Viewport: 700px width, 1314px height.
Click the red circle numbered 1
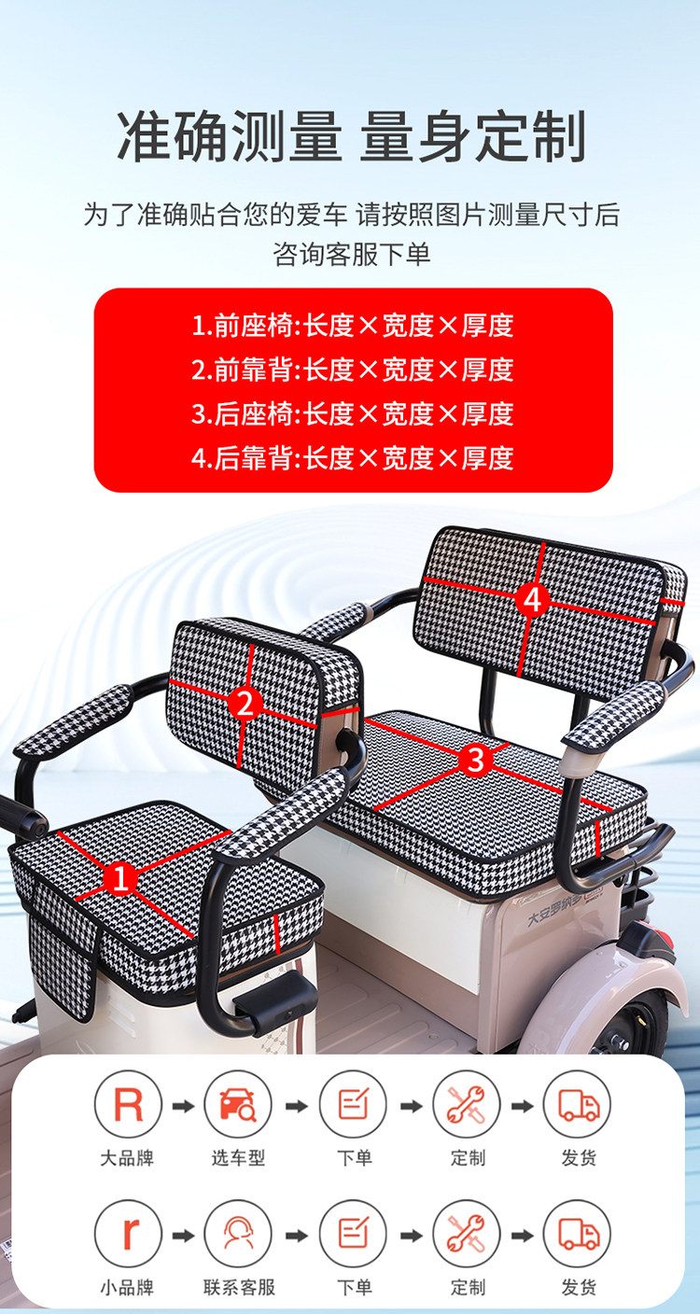tap(121, 879)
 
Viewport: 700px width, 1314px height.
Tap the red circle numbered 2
tap(245, 703)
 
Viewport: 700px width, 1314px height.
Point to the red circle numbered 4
tap(532, 599)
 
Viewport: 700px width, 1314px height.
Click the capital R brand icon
tap(128, 1105)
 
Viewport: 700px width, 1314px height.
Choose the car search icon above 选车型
tap(238, 1105)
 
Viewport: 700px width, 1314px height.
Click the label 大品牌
tap(127, 1158)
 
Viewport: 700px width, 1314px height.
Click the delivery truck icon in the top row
tap(578, 1105)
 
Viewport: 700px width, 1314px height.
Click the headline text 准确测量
tap(230, 136)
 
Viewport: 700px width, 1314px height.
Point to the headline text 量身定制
tap(473, 136)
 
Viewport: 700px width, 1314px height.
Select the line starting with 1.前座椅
tap(353, 326)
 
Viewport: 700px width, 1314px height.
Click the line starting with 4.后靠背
tap(353, 457)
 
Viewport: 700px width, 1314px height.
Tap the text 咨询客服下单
tap(352, 254)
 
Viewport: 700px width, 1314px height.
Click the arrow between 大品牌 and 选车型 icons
tap(183, 1106)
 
